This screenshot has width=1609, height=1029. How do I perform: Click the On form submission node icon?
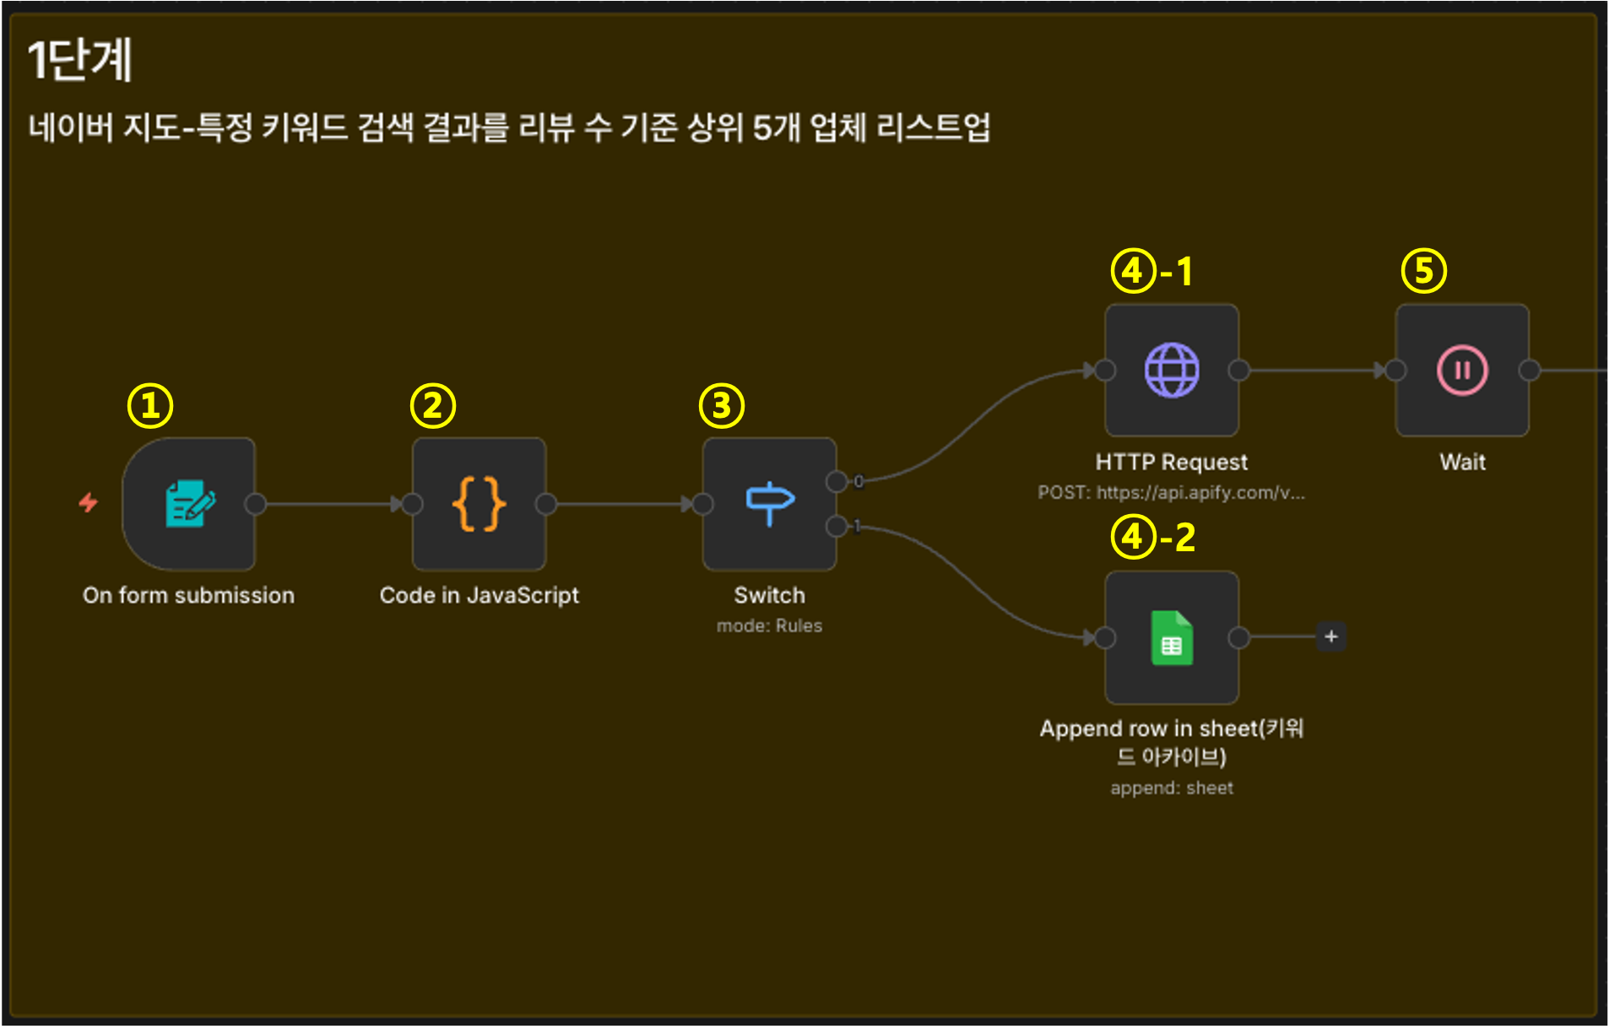[x=189, y=504]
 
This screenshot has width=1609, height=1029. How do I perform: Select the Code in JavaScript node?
[x=479, y=504]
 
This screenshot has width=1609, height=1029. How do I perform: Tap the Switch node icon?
[x=769, y=504]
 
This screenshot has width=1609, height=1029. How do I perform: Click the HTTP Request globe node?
[x=1172, y=370]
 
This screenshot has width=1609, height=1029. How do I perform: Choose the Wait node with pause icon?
[x=1462, y=370]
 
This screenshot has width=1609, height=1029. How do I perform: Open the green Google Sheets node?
[x=1172, y=637]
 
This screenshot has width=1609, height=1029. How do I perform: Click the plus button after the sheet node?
[x=1331, y=636]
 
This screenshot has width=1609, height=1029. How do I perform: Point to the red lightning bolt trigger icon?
[x=89, y=503]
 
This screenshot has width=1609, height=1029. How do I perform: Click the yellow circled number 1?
[x=150, y=405]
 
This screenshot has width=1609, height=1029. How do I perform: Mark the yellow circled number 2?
[x=433, y=405]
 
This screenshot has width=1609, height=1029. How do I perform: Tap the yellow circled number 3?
[x=722, y=405]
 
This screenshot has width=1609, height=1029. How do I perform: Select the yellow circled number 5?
[x=1424, y=271]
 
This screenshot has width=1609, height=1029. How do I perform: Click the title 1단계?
[x=80, y=61]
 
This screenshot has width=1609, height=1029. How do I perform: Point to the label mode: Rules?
[x=769, y=626]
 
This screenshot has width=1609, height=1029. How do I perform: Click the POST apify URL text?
[x=1171, y=492]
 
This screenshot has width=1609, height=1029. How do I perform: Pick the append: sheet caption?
[x=1171, y=788]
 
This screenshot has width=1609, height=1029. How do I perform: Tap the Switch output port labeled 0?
[x=836, y=481]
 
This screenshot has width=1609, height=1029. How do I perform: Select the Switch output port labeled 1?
[x=836, y=527]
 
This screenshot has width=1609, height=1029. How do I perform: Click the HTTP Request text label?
[x=1171, y=462]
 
